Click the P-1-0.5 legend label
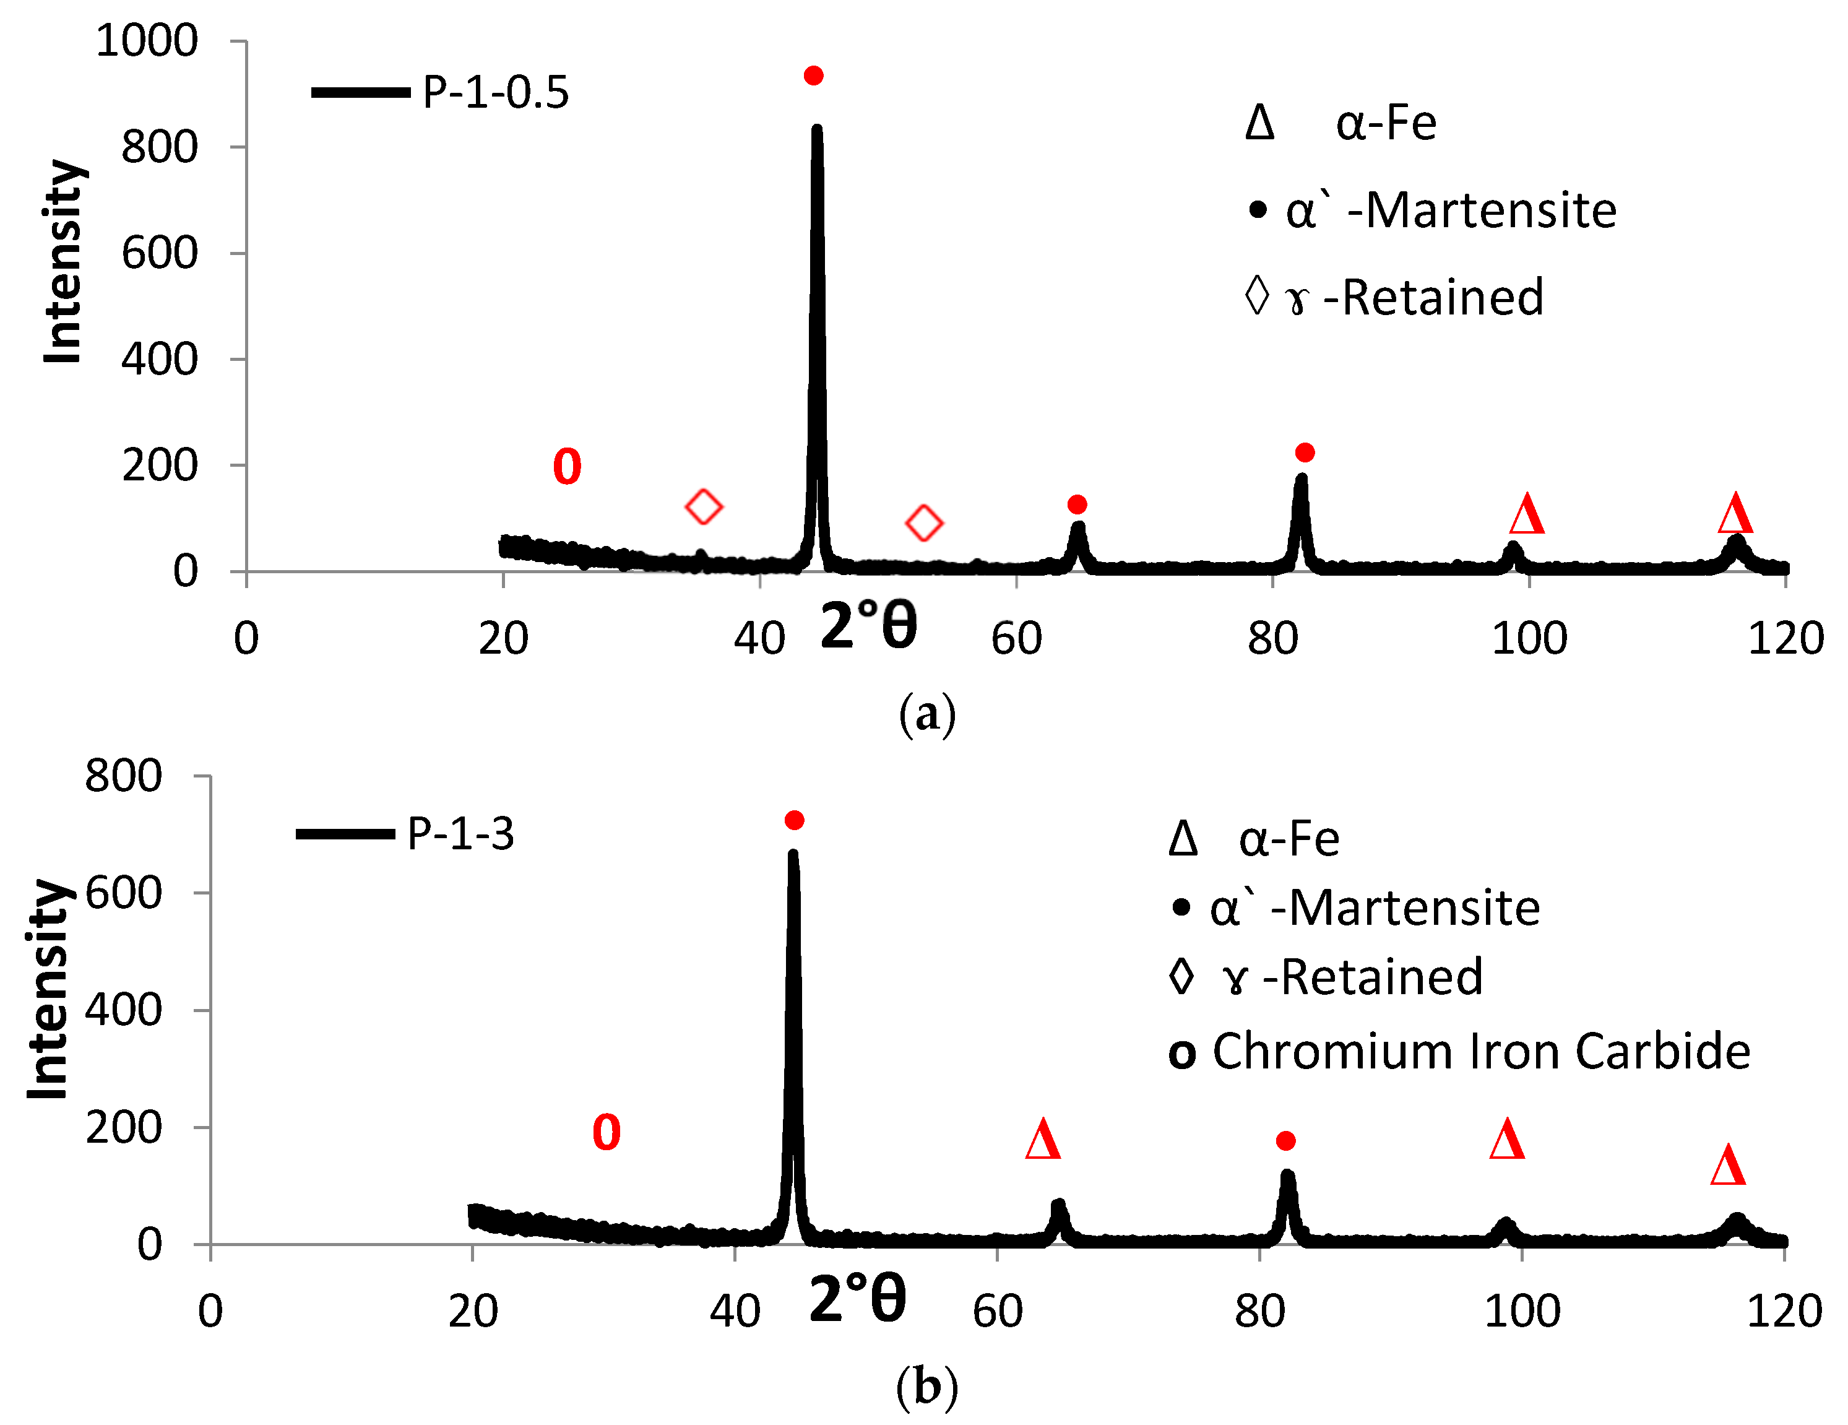coord(495,92)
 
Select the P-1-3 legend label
coord(460,833)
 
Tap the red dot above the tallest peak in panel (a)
coord(813,76)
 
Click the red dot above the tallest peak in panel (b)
coord(793,820)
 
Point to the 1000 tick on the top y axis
coord(147,41)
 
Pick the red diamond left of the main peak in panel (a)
coord(703,507)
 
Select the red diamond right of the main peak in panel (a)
coord(924,523)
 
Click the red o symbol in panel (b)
coord(606,1132)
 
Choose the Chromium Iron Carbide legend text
coord(1481,1052)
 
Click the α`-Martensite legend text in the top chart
coord(1450,210)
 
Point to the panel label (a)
coord(926,713)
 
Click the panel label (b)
coord(926,1388)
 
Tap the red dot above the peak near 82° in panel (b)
coord(1285,1141)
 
